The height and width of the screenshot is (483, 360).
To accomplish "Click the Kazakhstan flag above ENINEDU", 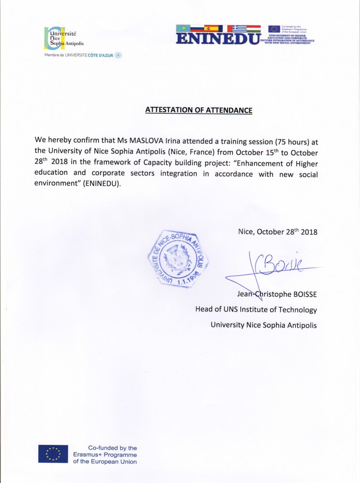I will pos(183,28).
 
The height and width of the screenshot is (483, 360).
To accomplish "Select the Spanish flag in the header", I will pos(211,28).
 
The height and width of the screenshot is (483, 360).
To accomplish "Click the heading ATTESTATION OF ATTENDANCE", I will pos(199,110).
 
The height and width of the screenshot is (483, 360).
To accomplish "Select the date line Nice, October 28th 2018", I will pos(277,232).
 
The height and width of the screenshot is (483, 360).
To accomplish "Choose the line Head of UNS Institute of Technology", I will pos(256,310).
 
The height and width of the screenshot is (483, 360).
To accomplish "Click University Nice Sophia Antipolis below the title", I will pos(263,325).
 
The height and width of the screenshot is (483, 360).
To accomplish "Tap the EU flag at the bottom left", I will pos(53,454).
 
